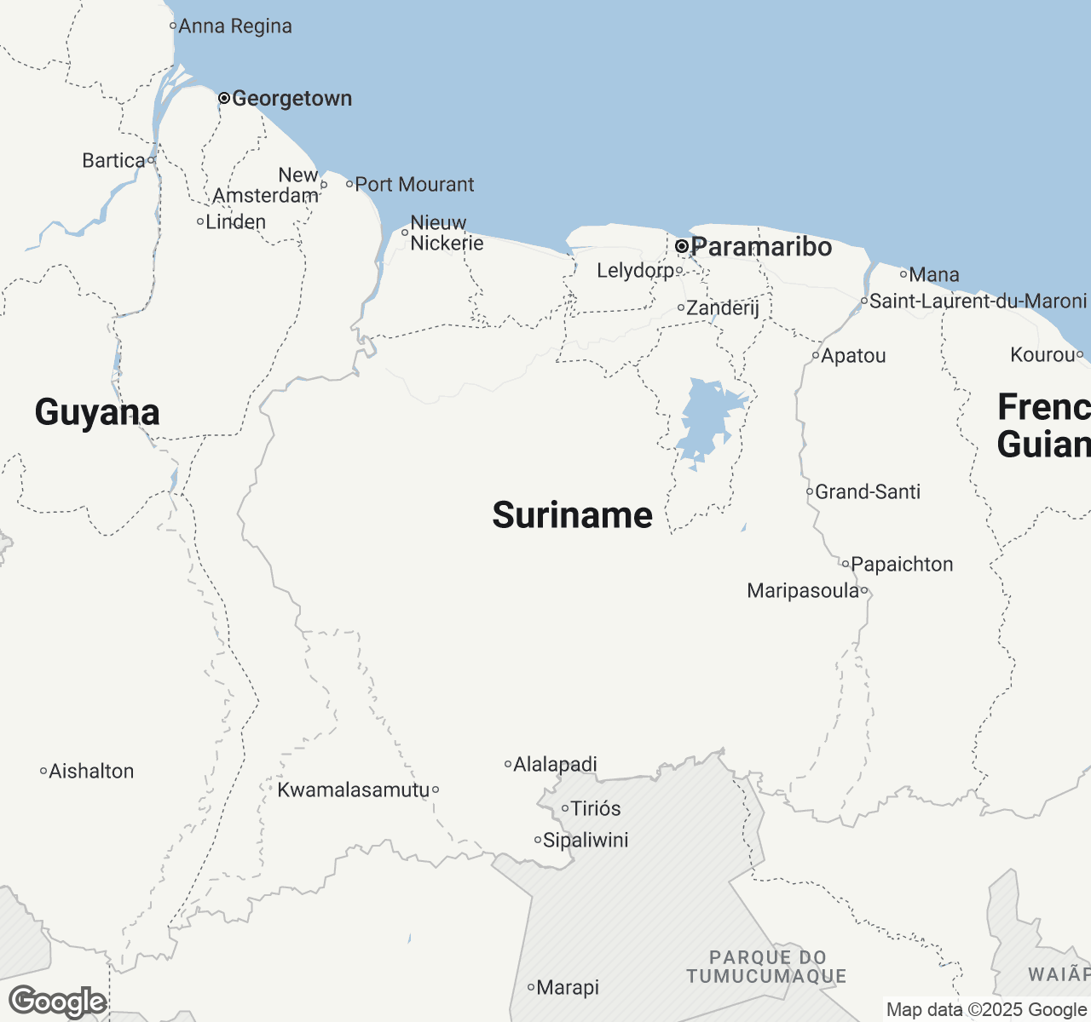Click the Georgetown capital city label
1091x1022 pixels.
click(292, 99)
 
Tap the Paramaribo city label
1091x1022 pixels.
click(761, 247)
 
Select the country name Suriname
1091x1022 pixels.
click(573, 515)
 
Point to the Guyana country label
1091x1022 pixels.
click(97, 412)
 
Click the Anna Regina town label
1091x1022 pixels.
click(234, 26)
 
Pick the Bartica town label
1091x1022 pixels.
click(113, 161)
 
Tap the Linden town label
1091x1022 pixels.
click(236, 222)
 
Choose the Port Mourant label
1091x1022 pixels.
click(414, 185)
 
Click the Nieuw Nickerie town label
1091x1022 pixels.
click(447, 233)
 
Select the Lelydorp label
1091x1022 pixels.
click(635, 271)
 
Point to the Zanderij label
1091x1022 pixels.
click(723, 308)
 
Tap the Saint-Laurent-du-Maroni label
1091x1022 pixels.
click(978, 301)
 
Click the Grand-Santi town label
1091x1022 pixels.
click(868, 492)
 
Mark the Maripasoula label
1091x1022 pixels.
click(803, 591)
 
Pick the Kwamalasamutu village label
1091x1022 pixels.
click(354, 790)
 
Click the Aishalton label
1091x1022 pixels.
click(91, 772)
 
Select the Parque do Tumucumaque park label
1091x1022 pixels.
click(767, 967)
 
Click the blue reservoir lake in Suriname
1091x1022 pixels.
click(707, 422)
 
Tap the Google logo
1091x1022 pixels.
click(57, 1002)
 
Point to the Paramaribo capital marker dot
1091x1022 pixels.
click(682, 246)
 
